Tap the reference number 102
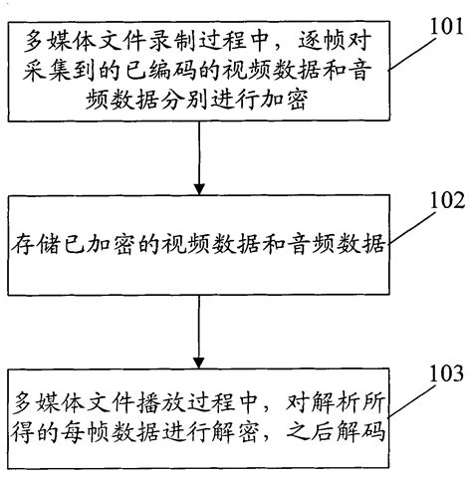(x=440, y=201)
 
